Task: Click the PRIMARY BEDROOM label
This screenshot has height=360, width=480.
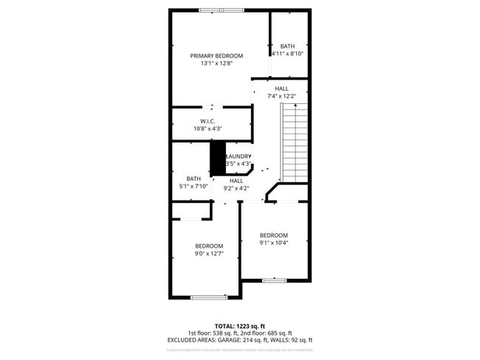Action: point(216,55)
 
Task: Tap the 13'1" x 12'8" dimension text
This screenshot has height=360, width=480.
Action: point(216,63)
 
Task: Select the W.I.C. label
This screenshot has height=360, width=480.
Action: point(208,121)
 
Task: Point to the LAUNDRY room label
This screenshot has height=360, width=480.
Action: point(239,156)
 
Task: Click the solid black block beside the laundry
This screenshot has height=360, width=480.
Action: point(218,158)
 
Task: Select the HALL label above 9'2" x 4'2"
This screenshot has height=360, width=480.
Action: point(236,181)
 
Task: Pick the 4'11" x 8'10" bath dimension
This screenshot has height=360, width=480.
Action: point(287,54)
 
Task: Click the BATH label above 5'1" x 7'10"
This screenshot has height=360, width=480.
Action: point(193,179)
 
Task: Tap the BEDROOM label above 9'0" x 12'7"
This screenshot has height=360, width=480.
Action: point(209,246)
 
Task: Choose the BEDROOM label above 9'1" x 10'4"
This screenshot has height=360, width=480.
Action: point(273,235)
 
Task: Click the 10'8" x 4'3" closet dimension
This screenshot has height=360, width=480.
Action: point(208,128)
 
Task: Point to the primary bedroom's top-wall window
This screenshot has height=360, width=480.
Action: point(221,10)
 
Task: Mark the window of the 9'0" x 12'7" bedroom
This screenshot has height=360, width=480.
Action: point(208,297)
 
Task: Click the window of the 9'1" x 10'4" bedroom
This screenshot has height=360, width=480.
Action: point(274,280)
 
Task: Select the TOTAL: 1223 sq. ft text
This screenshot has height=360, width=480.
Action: point(239,325)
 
